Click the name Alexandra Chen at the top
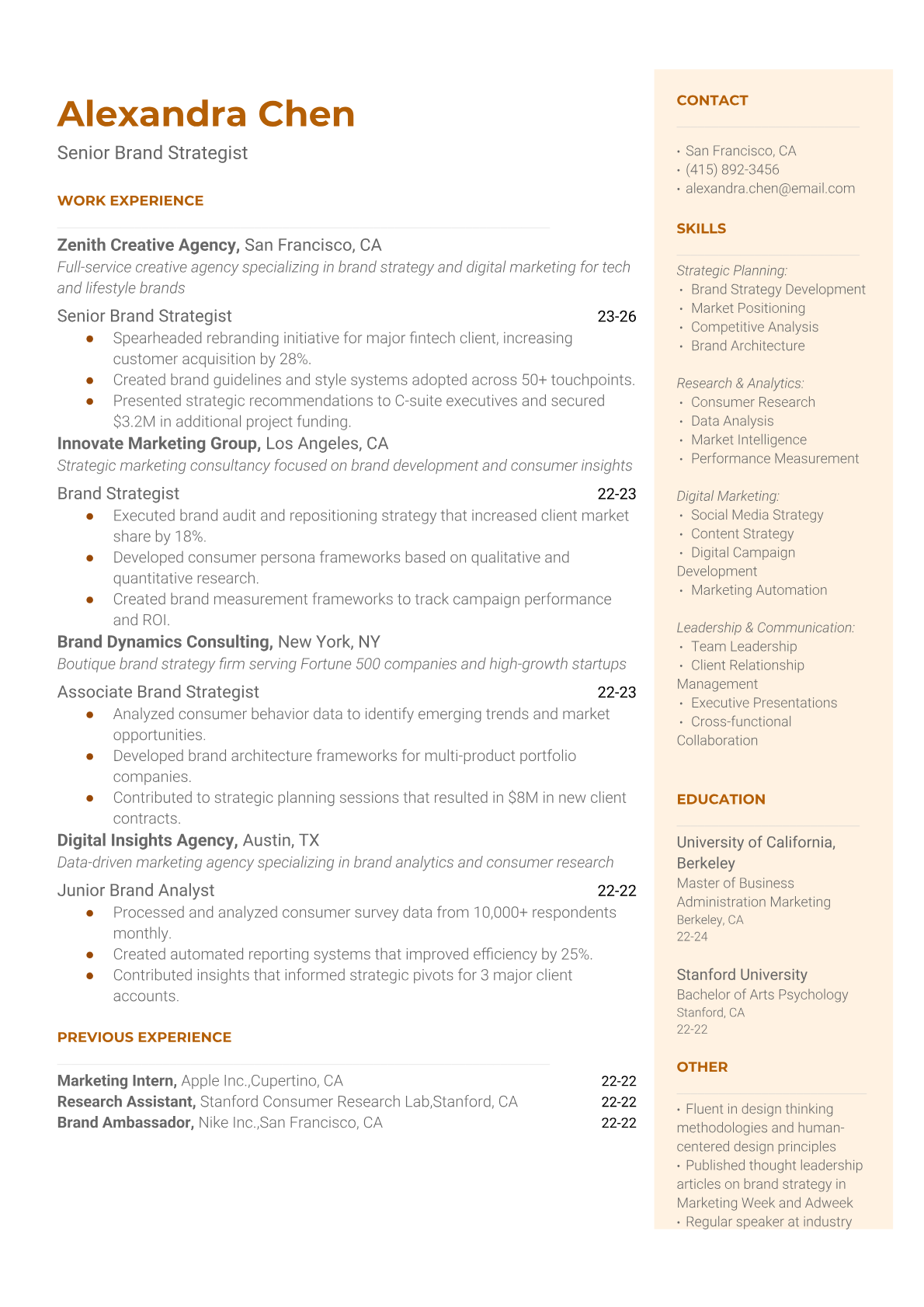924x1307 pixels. pos(206,114)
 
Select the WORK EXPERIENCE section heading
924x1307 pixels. pos(130,200)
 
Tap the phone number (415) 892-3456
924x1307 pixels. pos(732,169)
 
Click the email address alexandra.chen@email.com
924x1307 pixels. pos(770,188)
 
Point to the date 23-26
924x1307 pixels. pos(617,316)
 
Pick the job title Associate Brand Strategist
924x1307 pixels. pos(158,692)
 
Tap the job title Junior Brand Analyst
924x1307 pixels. pos(136,891)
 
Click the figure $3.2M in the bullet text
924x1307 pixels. pos(134,422)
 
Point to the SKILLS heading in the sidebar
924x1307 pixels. pos(701,228)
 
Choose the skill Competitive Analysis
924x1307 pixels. pos(755,327)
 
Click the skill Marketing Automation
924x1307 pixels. pos(759,590)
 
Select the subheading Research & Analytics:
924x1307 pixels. pos(740,383)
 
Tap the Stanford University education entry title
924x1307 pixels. pos(742,975)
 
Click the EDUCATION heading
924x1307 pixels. pos(721,799)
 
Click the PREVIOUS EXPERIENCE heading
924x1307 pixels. pos(144,1038)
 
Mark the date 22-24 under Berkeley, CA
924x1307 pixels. pos(692,937)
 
